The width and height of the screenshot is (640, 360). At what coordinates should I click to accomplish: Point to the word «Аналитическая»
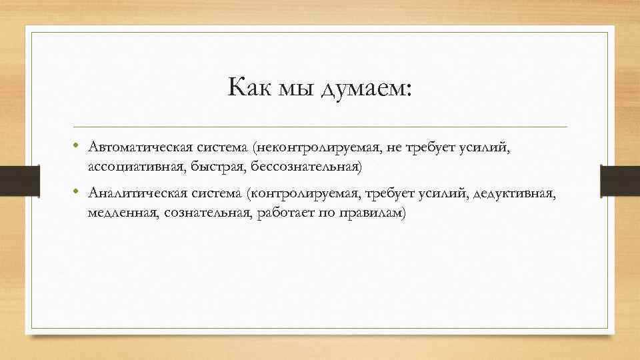coord(135,193)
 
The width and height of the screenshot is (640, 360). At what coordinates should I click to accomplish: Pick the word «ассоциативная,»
coord(127,165)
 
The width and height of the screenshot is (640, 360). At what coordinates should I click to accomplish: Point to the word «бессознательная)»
coord(295,165)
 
